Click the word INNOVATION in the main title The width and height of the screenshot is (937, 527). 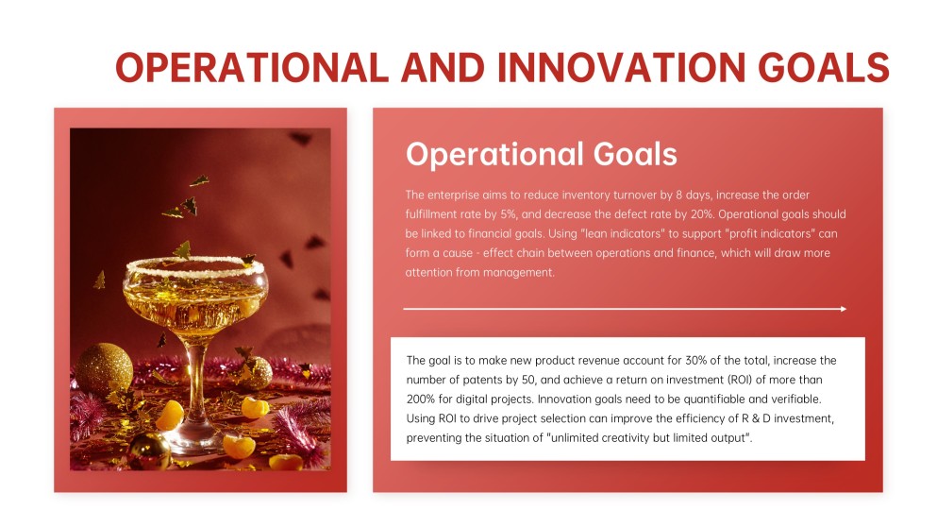[x=622, y=67]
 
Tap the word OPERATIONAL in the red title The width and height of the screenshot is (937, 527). [x=252, y=67]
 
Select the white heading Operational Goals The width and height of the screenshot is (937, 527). [x=542, y=154]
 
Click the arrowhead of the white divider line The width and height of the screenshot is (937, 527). [x=844, y=309]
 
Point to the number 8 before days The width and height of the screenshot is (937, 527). [x=678, y=195]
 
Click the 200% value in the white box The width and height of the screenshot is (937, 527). [x=420, y=399]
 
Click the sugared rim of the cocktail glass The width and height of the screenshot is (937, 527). [x=195, y=267]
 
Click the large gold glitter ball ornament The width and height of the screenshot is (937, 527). [x=105, y=369]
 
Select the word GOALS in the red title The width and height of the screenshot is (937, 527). [x=824, y=67]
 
